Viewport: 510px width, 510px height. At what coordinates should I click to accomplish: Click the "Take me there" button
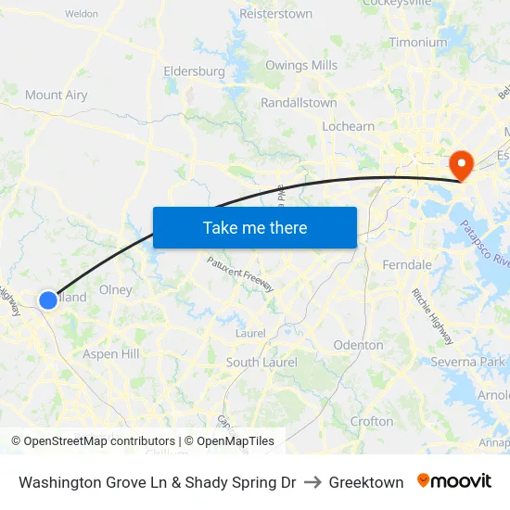[x=255, y=227]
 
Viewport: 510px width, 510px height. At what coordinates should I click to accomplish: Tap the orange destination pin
[x=460, y=164]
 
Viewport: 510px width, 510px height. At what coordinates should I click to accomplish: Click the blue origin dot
[x=48, y=300]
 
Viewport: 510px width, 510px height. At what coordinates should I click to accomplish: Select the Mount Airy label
[x=57, y=95]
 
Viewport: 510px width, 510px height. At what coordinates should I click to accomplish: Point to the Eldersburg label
[x=194, y=70]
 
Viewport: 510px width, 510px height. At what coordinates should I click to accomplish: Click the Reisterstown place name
[x=275, y=14]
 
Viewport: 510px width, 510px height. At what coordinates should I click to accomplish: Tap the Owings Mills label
[x=301, y=65]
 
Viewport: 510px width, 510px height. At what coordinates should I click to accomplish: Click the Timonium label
[x=417, y=42]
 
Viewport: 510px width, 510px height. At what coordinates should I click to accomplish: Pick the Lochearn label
[x=348, y=126]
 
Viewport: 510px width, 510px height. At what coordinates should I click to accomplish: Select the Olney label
[x=116, y=289]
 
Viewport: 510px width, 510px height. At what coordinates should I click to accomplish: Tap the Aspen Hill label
[x=111, y=353]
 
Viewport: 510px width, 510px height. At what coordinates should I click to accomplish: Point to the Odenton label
[x=358, y=345]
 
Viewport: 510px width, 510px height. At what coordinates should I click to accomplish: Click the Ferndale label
[x=407, y=264]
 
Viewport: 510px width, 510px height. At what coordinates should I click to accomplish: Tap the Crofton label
[x=372, y=421]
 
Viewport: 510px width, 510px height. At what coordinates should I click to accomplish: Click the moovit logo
[x=453, y=481]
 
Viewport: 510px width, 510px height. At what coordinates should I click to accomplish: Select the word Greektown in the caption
[x=366, y=482]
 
